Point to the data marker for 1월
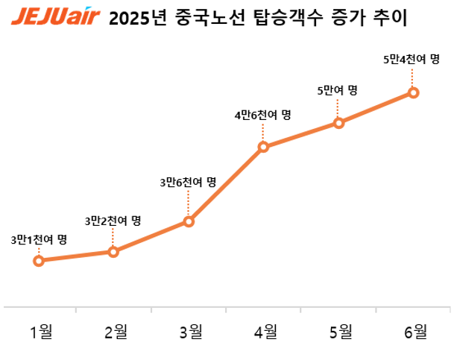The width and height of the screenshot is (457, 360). [38, 260]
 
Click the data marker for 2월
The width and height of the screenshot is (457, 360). [113, 252]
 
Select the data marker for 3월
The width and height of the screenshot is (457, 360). [189, 221]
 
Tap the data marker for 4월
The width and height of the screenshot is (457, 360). [263, 147]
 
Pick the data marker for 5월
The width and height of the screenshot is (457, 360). [338, 122]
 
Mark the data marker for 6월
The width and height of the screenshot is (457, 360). [414, 92]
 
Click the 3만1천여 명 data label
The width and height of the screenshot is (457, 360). [39, 239]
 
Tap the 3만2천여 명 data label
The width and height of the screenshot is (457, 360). [113, 220]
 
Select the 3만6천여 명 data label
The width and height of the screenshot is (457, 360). [188, 181]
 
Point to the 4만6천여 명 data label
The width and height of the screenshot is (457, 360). [262, 115]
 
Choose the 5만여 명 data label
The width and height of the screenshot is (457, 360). [338, 90]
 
